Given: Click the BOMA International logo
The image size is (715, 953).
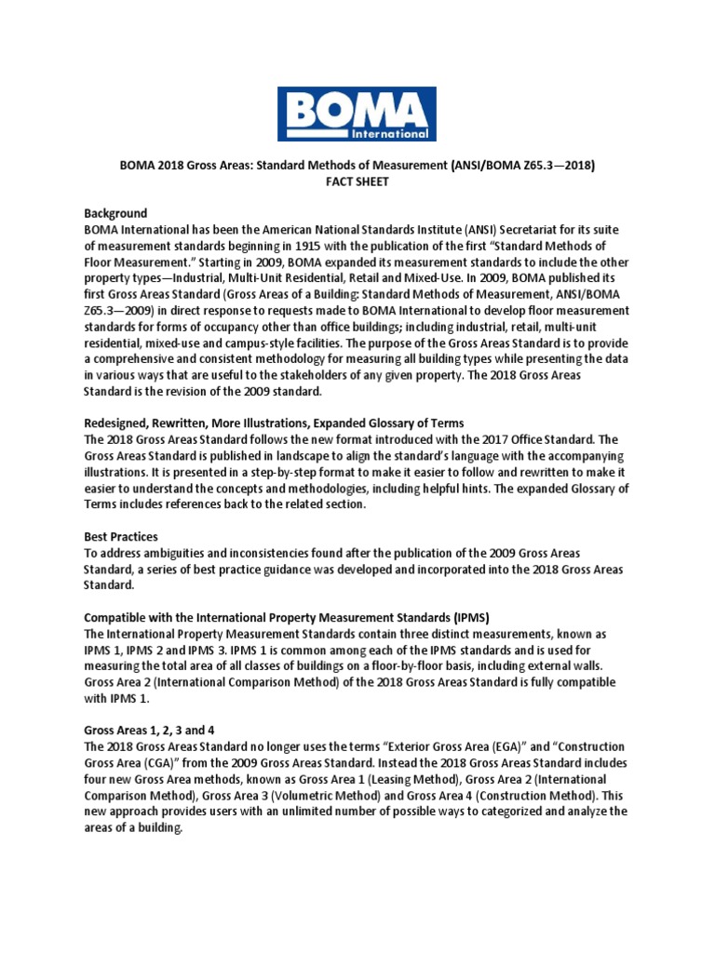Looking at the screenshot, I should [357, 113].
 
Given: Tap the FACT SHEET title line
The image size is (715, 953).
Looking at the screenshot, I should [357, 182].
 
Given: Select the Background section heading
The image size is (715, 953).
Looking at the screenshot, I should [115, 213].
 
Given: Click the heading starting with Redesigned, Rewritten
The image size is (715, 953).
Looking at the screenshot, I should [274, 422].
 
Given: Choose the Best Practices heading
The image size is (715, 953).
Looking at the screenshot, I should [121, 537].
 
